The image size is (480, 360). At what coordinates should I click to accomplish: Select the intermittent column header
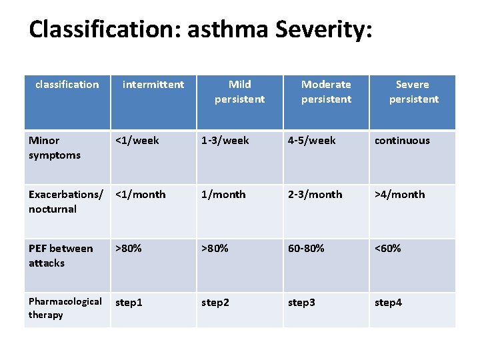[x=153, y=85]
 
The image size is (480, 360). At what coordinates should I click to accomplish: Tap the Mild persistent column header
[x=239, y=92]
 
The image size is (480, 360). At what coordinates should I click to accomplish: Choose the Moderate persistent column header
[x=326, y=92]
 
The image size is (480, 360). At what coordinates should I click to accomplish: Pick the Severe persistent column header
[x=413, y=92]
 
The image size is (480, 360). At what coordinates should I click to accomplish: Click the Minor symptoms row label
[x=55, y=148]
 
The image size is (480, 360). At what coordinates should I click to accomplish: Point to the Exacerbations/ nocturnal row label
[x=65, y=201]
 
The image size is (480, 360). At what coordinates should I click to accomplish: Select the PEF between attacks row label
[x=61, y=255]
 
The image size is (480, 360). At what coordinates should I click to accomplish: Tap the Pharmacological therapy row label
[x=65, y=308]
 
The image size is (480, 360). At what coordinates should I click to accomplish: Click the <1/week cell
[x=137, y=141]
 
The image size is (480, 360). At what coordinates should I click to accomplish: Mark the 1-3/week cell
[x=225, y=141]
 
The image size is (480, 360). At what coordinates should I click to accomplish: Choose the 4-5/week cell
[x=312, y=141]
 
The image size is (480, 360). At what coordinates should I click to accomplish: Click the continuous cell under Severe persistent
[x=402, y=141]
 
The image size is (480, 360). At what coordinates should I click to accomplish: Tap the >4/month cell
[x=399, y=195]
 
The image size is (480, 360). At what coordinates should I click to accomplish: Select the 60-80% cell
[x=306, y=249]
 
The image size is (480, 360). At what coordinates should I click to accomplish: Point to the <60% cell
[x=388, y=249]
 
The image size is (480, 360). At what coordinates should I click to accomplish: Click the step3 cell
[x=301, y=303]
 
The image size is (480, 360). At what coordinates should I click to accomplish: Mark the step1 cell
[x=129, y=303]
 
